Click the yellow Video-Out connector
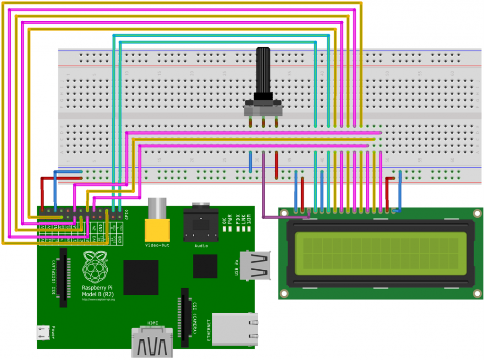tap(157, 229)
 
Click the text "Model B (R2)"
tap(98, 294)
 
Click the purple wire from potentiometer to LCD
tap(263, 189)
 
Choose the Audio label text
tap(201, 246)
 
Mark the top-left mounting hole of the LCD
tap(284, 213)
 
